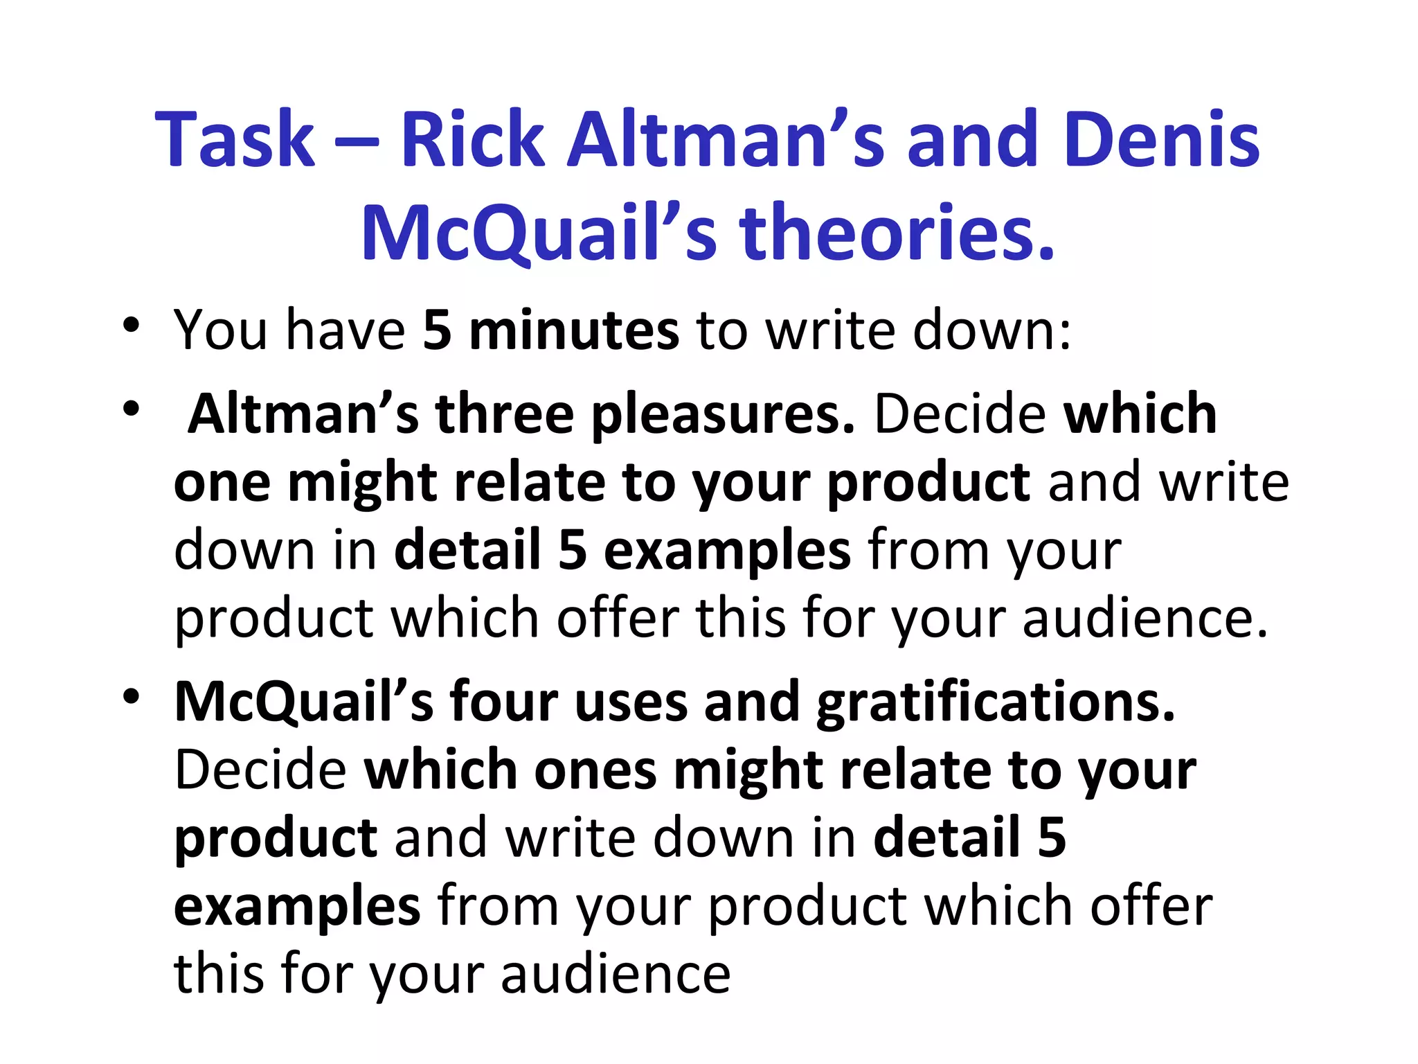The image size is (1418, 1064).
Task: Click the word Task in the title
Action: (x=235, y=140)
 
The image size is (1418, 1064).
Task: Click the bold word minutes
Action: (x=574, y=330)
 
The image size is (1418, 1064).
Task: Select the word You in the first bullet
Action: (x=220, y=330)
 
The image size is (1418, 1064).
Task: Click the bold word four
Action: (x=503, y=702)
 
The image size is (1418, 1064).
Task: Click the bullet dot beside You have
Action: (x=131, y=326)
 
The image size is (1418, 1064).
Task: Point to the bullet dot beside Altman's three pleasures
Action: (x=131, y=409)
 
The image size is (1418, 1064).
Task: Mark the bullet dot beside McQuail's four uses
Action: (x=131, y=697)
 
